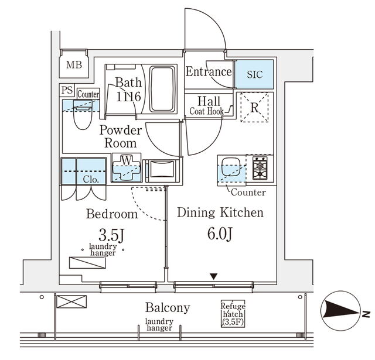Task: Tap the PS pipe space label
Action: pyautogui.click(x=67, y=91)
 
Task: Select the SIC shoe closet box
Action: pyautogui.click(x=255, y=74)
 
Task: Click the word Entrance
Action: pyautogui.click(x=209, y=72)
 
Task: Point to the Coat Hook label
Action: pyautogui.click(x=206, y=111)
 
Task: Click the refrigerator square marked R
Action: pyautogui.click(x=255, y=108)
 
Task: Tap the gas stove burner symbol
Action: pyautogui.click(x=259, y=169)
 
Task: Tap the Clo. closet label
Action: pyautogui.click(x=90, y=179)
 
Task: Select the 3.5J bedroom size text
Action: pyautogui.click(x=112, y=236)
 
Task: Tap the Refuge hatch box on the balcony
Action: pyautogui.click(x=233, y=314)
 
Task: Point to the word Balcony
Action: pyautogui.click(x=168, y=307)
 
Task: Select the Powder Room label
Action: pyautogui.click(x=120, y=136)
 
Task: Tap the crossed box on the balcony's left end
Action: pyautogui.click(x=71, y=302)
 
